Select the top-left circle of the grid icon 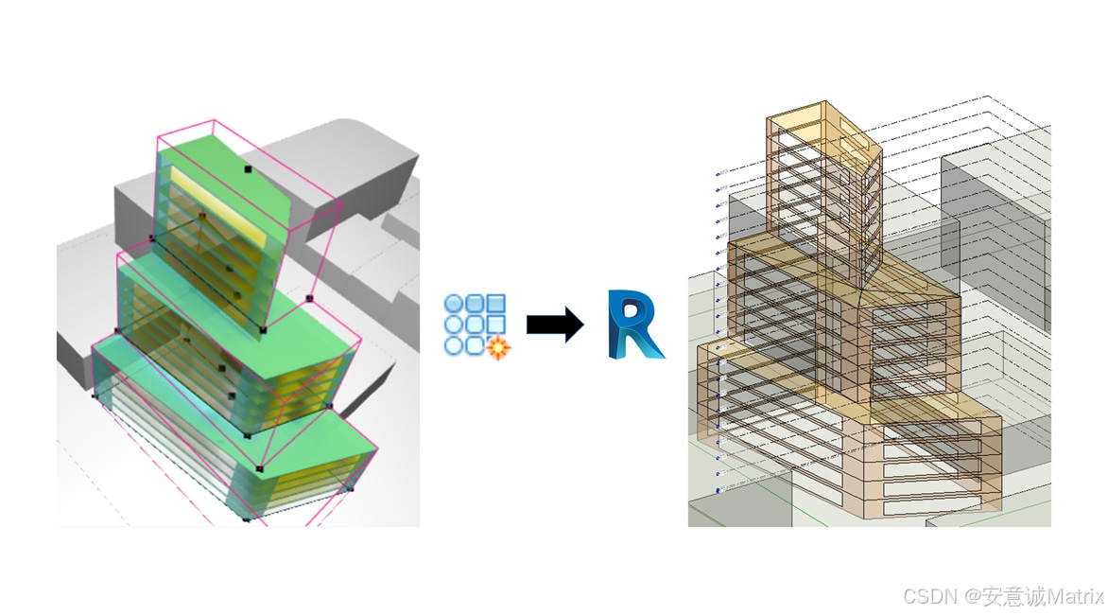pyautogui.click(x=454, y=304)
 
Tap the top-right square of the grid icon pyautogui.click(x=495, y=304)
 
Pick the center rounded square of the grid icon pyautogui.click(x=475, y=325)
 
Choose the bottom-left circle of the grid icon pyautogui.click(x=454, y=345)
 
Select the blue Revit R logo pyautogui.click(x=634, y=325)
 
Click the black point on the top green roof pyautogui.click(x=248, y=169)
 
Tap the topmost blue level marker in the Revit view pyautogui.click(x=718, y=173)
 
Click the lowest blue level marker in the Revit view pyautogui.click(x=718, y=490)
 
